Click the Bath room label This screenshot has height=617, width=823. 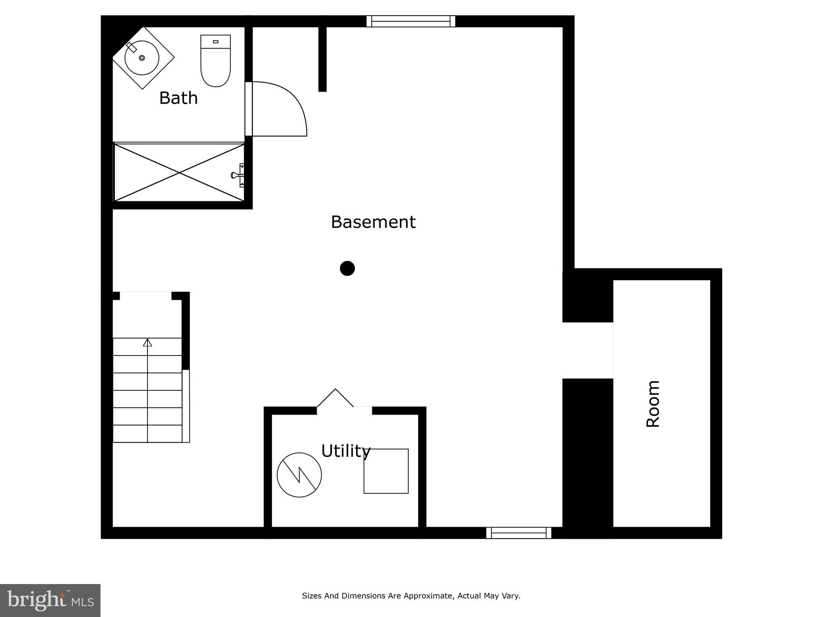(x=178, y=98)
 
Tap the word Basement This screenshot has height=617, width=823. (x=373, y=222)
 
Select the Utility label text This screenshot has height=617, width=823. (x=345, y=451)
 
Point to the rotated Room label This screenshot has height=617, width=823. (x=653, y=404)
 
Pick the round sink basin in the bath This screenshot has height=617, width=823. (x=141, y=58)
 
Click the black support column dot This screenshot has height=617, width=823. (x=347, y=268)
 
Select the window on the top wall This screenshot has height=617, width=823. (x=411, y=21)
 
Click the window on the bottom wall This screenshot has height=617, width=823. (x=518, y=533)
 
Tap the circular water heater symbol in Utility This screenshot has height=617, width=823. (x=299, y=475)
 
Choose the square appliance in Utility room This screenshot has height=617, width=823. (x=386, y=471)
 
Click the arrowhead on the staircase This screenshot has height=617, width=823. (x=147, y=343)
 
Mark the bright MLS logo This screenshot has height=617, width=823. (x=50, y=600)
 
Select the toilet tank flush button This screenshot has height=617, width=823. (x=215, y=42)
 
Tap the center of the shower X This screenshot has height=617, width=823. (x=179, y=173)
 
